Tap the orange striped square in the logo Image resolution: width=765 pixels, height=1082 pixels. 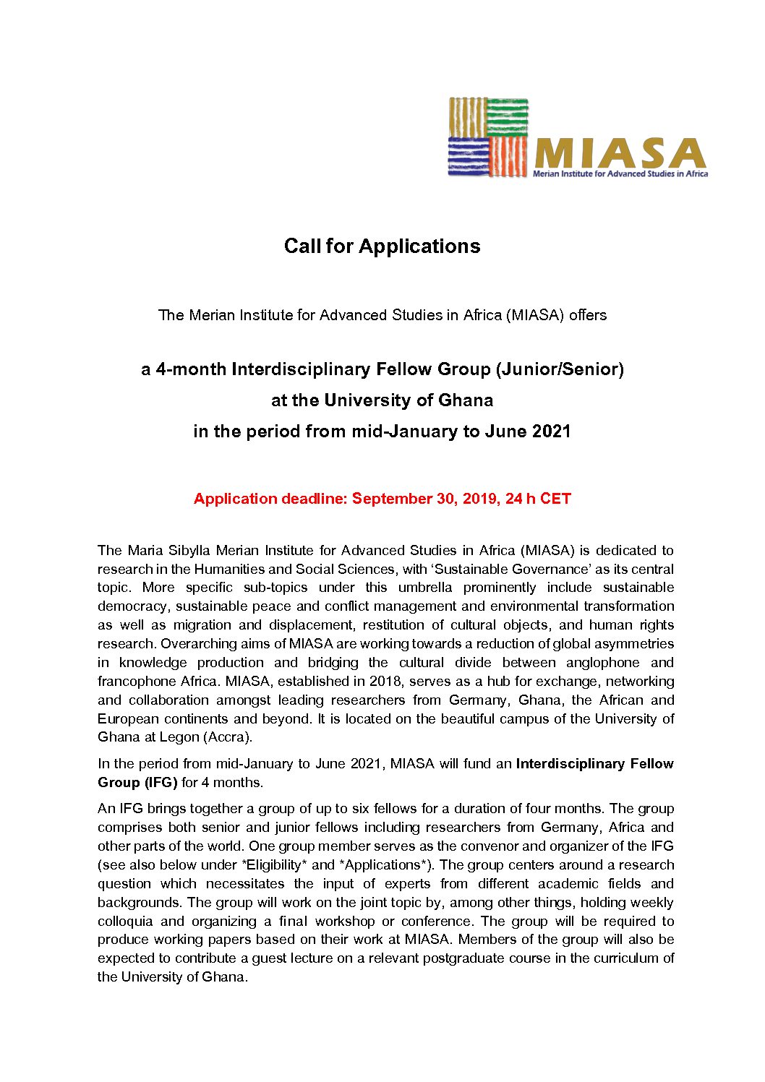point(508,156)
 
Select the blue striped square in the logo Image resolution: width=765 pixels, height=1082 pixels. point(469,156)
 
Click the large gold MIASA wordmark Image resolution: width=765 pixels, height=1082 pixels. point(620,153)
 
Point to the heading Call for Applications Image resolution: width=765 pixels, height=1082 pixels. point(382,246)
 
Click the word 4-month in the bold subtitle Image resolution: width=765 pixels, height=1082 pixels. point(191,369)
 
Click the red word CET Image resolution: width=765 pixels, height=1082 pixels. point(555,499)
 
